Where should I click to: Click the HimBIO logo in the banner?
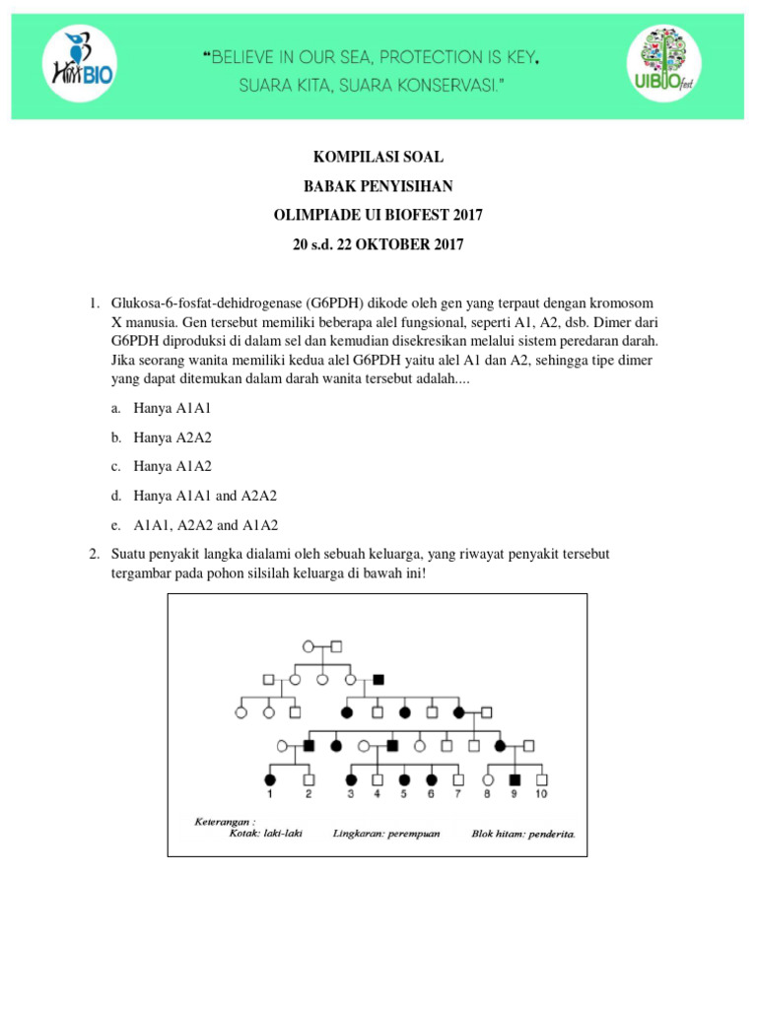click(x=80, y=63)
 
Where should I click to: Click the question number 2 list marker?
click(x=95, y=555)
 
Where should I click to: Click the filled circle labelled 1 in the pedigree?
click(x=269, y=779)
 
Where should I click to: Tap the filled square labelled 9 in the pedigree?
click(x=514, y=779)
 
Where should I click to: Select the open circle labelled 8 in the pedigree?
click(x=486, y=779)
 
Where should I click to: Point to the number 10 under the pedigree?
click(x=541, y=793)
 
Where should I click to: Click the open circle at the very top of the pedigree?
click(x=309, y=646)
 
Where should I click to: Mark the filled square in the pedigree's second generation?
click(x=378, y=680)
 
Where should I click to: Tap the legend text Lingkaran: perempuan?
click(x=386, y=833)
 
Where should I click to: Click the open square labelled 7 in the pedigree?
click(x=458, y=779)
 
